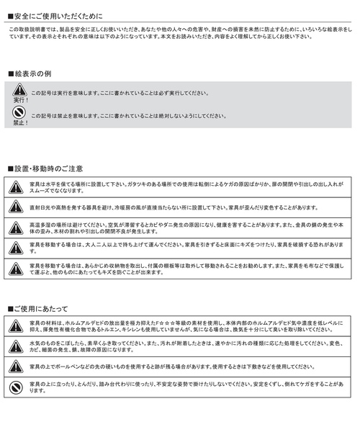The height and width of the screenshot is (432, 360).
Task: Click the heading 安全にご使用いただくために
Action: [58, 14]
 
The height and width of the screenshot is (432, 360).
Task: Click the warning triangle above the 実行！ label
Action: [19, 90]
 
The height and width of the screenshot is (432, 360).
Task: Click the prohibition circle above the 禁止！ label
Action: [19, 113]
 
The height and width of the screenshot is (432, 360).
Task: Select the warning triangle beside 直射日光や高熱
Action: [16, 207]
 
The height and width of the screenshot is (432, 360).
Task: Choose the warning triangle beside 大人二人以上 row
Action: [16, 248]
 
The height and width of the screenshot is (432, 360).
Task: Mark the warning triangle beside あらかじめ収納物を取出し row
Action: [16, 269]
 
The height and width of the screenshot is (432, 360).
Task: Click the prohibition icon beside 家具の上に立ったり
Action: [16, 387]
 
